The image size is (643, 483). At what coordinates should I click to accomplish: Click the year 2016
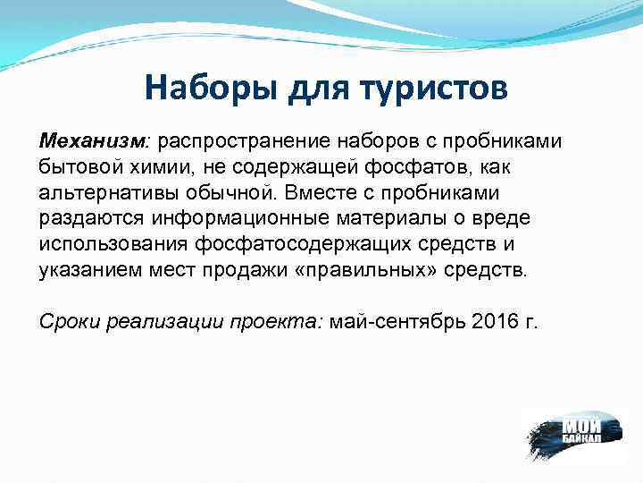coord(496,323)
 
